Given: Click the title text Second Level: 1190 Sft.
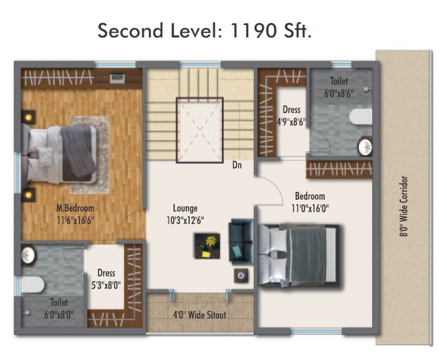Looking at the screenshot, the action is pyautogui.click(x=204, y=30).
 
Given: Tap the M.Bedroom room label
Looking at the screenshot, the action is pyautogui.click(x=75, y=208).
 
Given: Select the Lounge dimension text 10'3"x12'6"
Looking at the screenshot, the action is pyautogui.click(x=185, y=220).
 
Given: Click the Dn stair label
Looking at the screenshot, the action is pyautogui.click(x=237, y=165).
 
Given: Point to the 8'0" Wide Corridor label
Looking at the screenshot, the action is pyautogui.click(x=404, y=206).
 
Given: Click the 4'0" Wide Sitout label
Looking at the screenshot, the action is pyautogui.click(x=200, y=315).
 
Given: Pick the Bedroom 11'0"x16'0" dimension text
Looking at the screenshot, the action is pyautogui.click(x=310, y=208).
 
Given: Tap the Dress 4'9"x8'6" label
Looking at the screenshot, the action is pyautogui.click(x=291, y=116).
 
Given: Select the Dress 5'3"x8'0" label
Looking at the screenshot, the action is pyautogui.click(x=106, y=279).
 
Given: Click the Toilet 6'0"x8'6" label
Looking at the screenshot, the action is pyautogui.click(x=339, y=87).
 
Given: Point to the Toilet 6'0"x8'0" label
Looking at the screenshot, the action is pyautogui.click(x=59, y=308).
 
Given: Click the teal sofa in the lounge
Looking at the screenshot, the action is pyautogui.click(x=241, y=242).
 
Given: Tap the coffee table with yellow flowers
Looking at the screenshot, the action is pyautogui.click(x=207, y=246).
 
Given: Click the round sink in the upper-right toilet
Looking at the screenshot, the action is pyautogui.click(x=365, y=146).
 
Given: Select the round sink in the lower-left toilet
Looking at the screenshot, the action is pyautogui.click(x=28, y=255).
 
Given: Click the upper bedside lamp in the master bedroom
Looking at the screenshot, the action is pyautogui.click(x=28, y=117).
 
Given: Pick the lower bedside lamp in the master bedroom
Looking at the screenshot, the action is pyautogui.click(x=28, y=195).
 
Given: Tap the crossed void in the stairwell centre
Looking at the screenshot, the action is pyautogui.click(x=200, y=130).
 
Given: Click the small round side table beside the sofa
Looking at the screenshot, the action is pyautogui.click(x=241, y=275).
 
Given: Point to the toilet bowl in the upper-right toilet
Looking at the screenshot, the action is pyautogui.click(x=361, y=116).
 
